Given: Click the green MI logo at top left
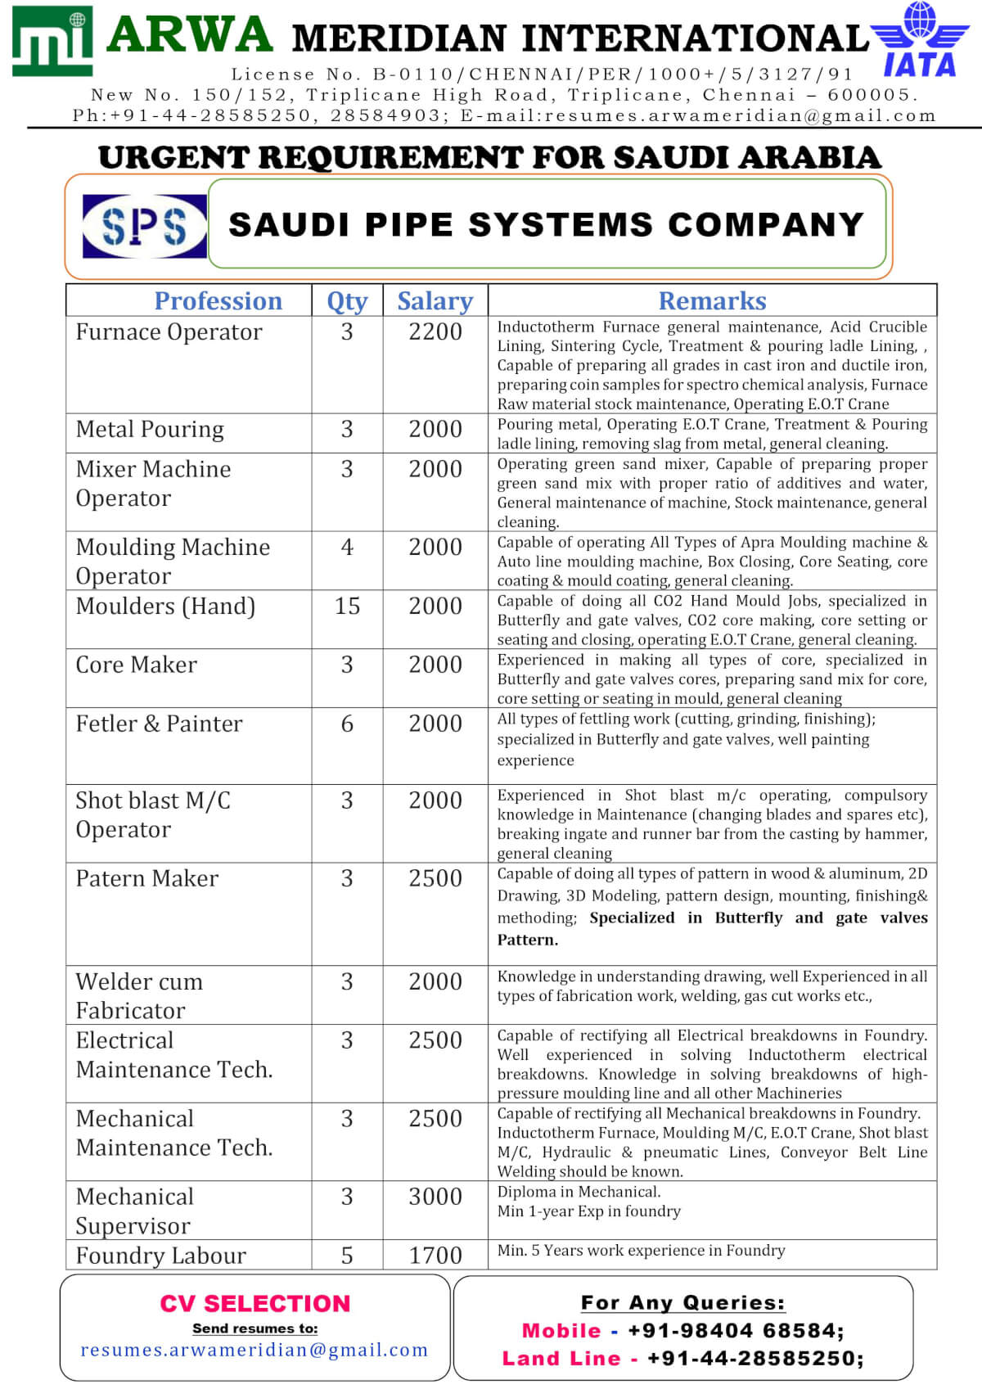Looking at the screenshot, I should click(52, 41).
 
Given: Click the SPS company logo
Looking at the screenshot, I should click(145, 226).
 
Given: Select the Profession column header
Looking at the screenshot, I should click(218, 301).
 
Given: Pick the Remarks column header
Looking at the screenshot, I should click(712, 301).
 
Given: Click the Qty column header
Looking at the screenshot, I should click(347, 301).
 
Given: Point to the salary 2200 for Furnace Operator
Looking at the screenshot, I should click(435, 332).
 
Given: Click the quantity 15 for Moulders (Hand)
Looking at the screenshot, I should click(347, 607).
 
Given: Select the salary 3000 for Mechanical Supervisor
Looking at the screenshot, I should click(435, 1197).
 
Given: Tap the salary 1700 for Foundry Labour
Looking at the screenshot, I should click(435, 1256).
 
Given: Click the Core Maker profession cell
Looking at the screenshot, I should click(137, 665).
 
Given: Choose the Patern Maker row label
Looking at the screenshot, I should click(147, 878).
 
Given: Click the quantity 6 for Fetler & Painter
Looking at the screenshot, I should click(347, 724).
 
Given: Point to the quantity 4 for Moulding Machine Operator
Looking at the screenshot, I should click(347, 547).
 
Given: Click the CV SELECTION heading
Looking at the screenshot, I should click(255, 1303).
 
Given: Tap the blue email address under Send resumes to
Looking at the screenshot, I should click(255, 1350).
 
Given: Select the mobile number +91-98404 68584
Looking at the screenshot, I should click(735, 1331).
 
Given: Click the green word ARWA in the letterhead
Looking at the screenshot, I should click(190, 35).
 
